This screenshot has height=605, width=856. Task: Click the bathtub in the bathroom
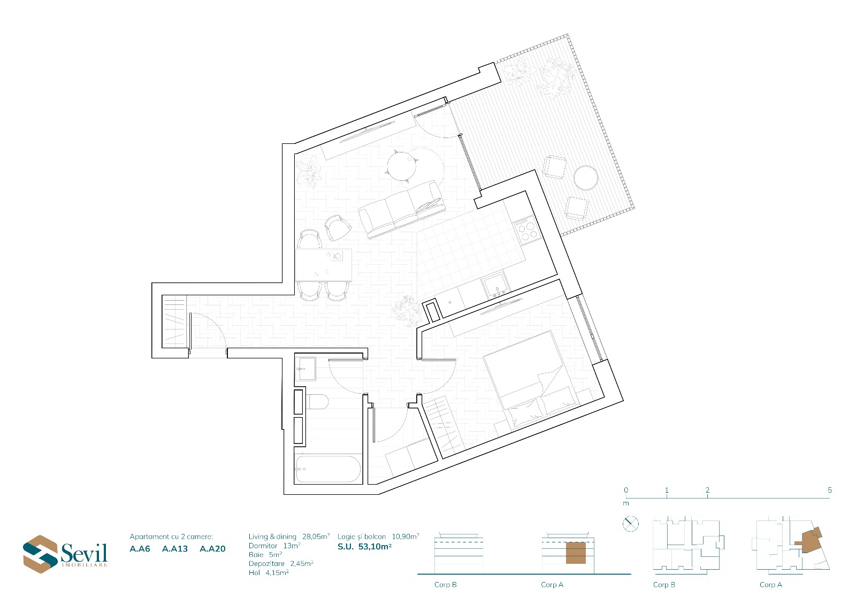click(x=328, y=469)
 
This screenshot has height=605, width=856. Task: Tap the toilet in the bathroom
click(x=318, y=402)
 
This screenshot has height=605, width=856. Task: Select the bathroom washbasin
click(x=307, y=369)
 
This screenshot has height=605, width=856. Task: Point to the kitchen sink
click(x=495, y=285)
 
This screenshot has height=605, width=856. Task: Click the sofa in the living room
click(x=402, y=210)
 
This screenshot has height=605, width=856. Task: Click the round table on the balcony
click(x=586, y=178)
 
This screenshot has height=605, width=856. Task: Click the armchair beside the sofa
click(x=338, y=228)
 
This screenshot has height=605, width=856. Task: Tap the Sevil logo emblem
click(x=40, y=554)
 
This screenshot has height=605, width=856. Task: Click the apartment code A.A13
click(x=175, y=549)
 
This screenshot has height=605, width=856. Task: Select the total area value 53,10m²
click(x=375, y=547)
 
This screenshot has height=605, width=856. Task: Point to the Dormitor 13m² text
click(x=274, y=546)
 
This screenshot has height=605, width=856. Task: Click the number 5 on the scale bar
click(x=830, y=490)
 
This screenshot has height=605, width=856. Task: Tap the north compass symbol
click(x=631, y=524)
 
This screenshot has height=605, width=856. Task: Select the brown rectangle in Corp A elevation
click(x=576, y=553)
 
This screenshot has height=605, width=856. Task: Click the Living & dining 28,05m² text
click(x=289, y=537)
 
